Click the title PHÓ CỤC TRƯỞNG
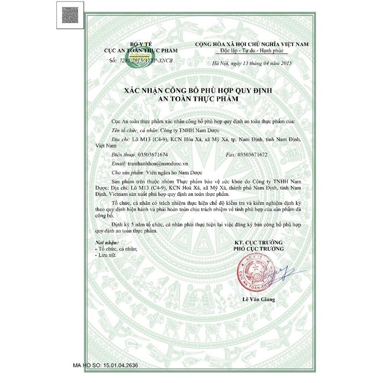[259, 249]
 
